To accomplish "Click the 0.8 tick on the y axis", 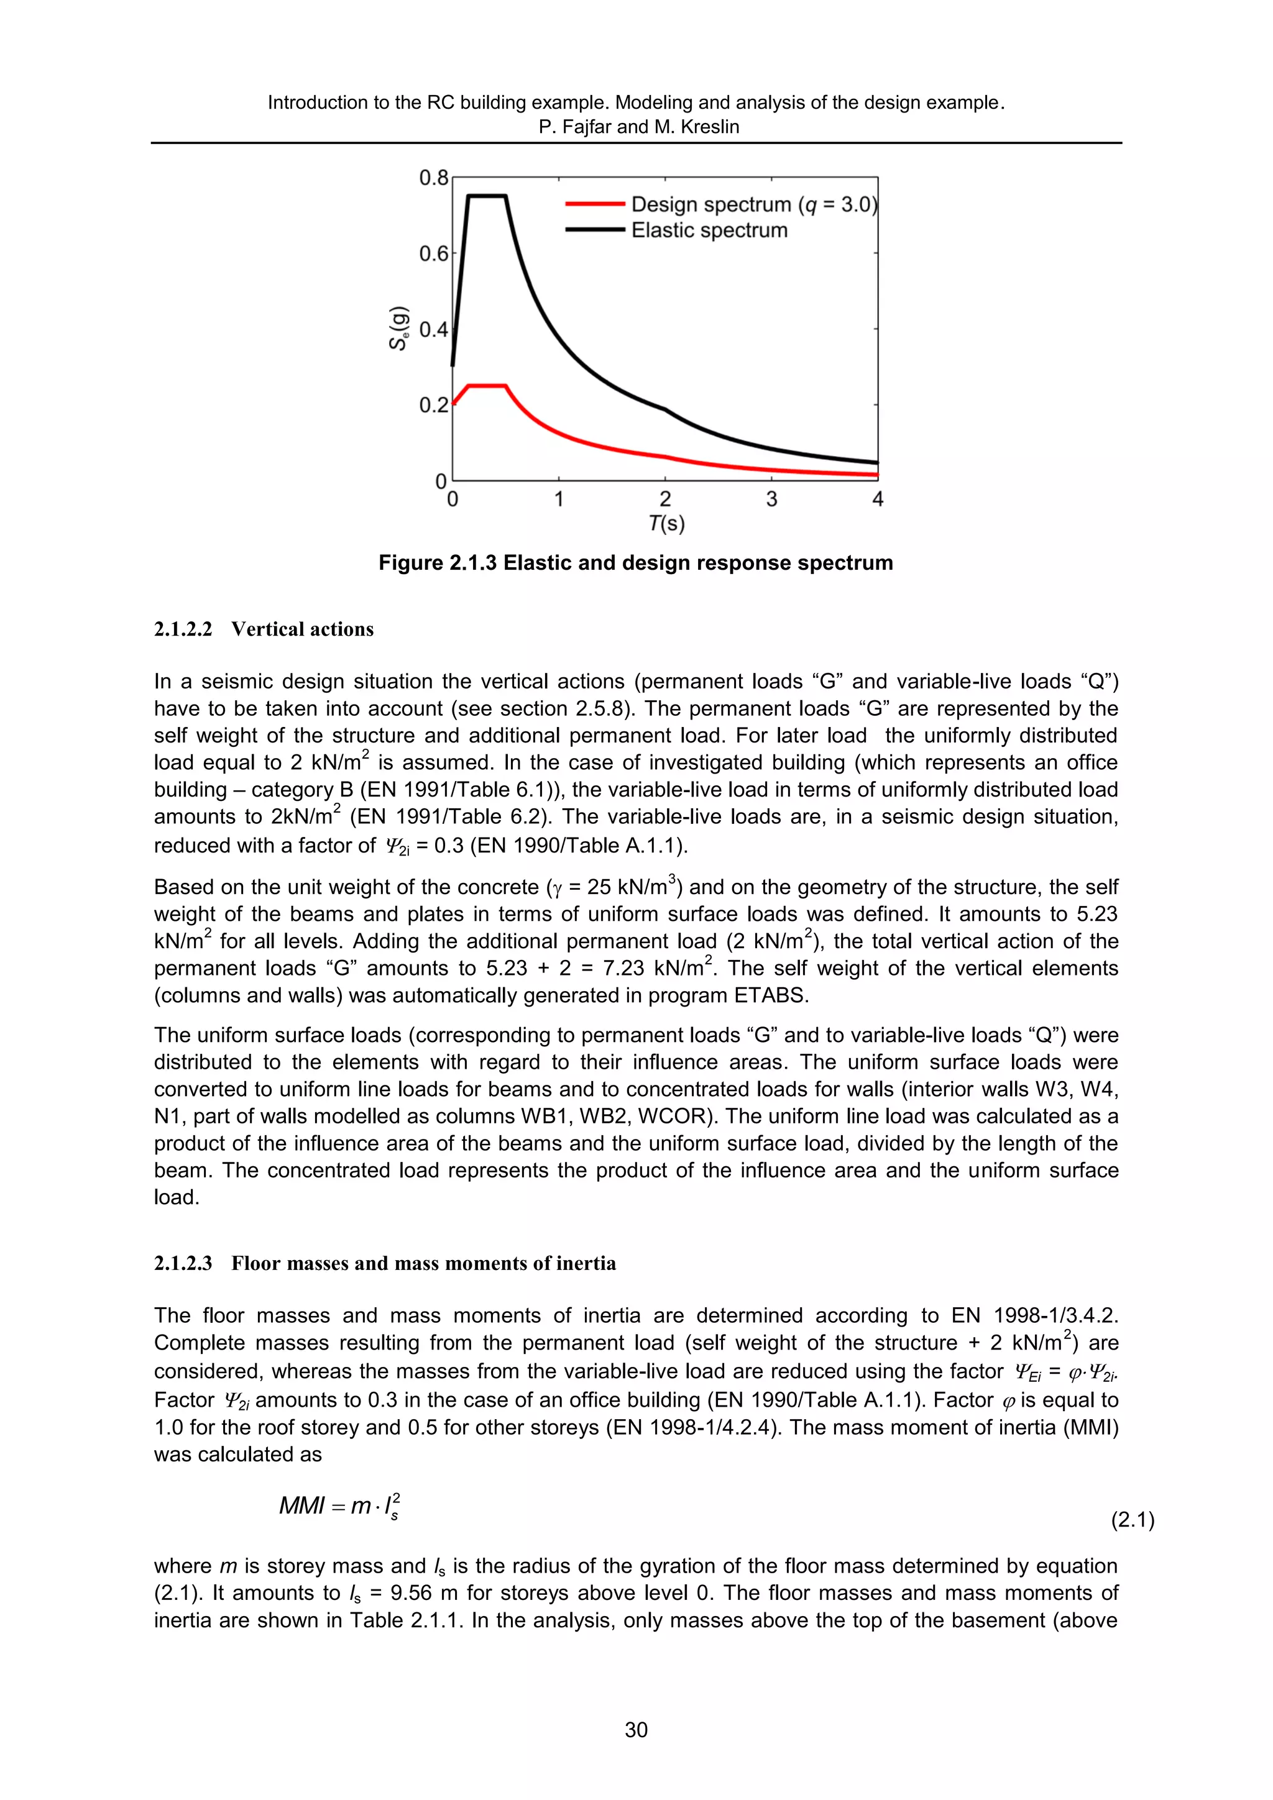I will (433, 178).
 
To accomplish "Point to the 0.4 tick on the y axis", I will (433, 329).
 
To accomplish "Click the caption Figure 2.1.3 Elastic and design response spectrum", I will (635, 563).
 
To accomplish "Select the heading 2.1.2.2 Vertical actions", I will (264, 629).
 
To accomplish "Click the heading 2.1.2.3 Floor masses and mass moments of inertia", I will (384, 1264).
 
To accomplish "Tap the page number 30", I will (636, 1729).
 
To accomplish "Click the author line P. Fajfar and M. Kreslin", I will (638, 127).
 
